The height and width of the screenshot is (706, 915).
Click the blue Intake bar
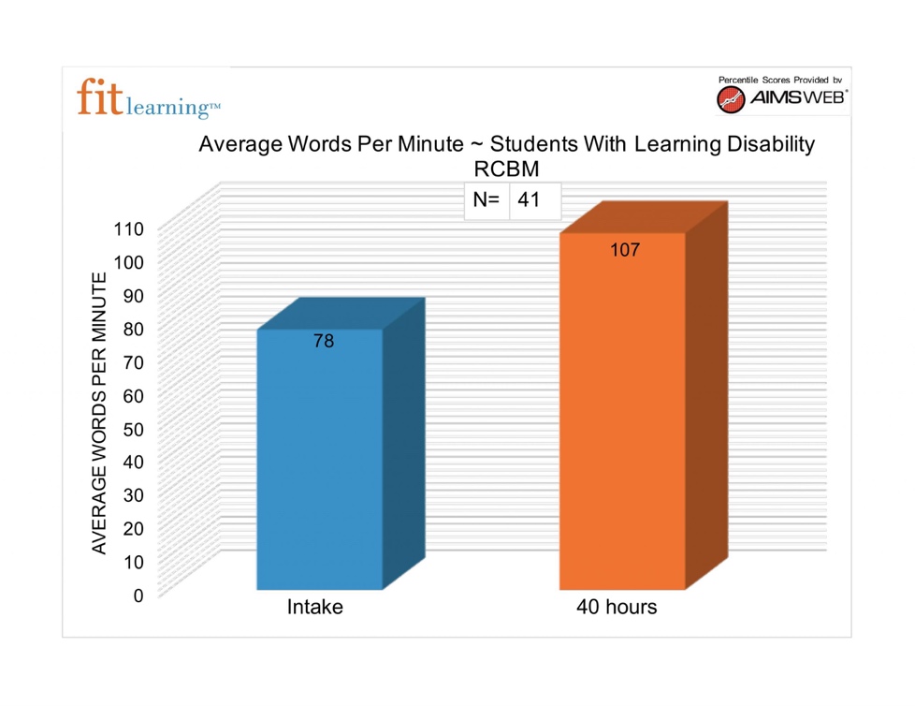320,459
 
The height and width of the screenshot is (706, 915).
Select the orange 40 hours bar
622,412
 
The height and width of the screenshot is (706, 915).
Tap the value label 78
324,342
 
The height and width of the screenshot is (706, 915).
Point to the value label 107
625,250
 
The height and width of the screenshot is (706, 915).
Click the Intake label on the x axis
314,607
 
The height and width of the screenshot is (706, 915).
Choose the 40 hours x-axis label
617,607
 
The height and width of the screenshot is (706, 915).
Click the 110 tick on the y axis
128,228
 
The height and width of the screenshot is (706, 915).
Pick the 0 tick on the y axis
138,595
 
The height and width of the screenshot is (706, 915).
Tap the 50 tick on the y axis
133,428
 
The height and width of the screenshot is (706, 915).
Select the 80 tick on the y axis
133,329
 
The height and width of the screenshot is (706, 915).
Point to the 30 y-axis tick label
133,494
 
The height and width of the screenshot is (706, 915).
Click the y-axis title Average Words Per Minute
99,412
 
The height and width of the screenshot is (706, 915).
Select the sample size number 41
529,199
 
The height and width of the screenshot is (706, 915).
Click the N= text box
487,199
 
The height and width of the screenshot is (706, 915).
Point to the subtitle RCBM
506,169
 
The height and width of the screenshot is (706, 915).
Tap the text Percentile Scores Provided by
780,80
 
